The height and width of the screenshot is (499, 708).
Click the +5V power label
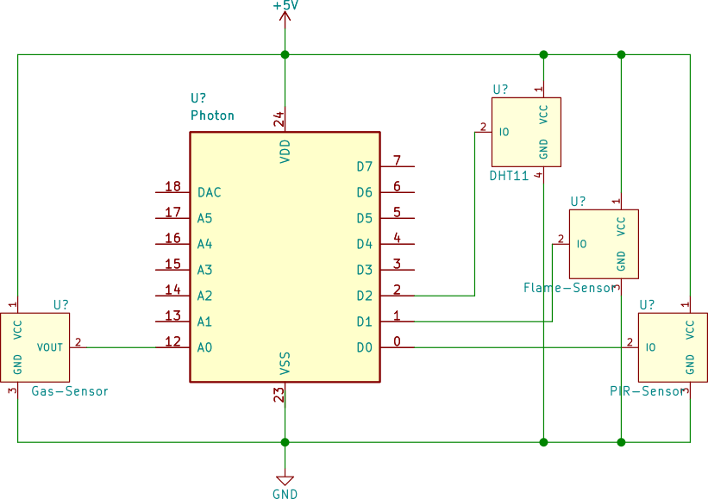click(285, 6)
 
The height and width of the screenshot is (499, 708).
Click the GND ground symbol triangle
click(285, 480)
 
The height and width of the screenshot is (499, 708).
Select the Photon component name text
click(212, 115)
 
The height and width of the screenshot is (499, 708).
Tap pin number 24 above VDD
click(279, 120)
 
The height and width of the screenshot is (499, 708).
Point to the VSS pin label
click(285, 363)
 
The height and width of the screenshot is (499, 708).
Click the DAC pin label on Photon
click(210, 192)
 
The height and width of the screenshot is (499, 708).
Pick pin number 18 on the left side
click(172, 187)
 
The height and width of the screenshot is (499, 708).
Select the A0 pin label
click(204, 347)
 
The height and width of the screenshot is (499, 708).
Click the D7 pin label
click(365, 166)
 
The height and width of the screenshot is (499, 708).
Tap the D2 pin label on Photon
click(365, 296)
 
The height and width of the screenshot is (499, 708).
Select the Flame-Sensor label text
click(570, 288)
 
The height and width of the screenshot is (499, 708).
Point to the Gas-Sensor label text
click(70, 391)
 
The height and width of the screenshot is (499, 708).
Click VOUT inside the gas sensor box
click(50, 347)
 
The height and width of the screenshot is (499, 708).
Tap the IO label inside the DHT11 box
click(504, 132)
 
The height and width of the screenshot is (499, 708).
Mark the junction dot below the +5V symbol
click(285, 54)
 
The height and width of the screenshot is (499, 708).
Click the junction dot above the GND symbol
click(285, 442)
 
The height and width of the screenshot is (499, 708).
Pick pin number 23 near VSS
click(279, 395)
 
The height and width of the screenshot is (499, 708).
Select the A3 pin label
click(204, 270)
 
